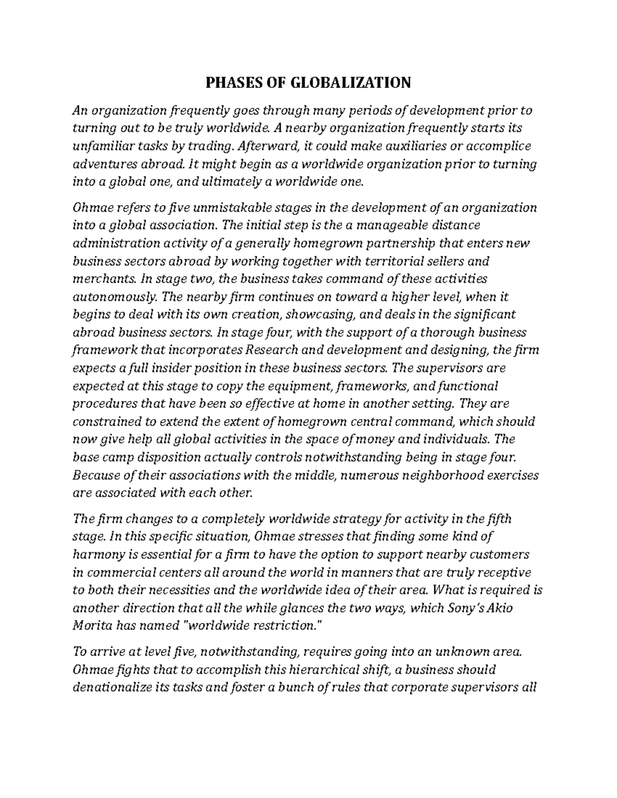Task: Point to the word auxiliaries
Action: pyautogui.click(x=414, y=146)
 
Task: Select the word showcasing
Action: pyautogui.click(x=311, y=314)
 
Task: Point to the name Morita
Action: pyautogui.click(x=92, y=626)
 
